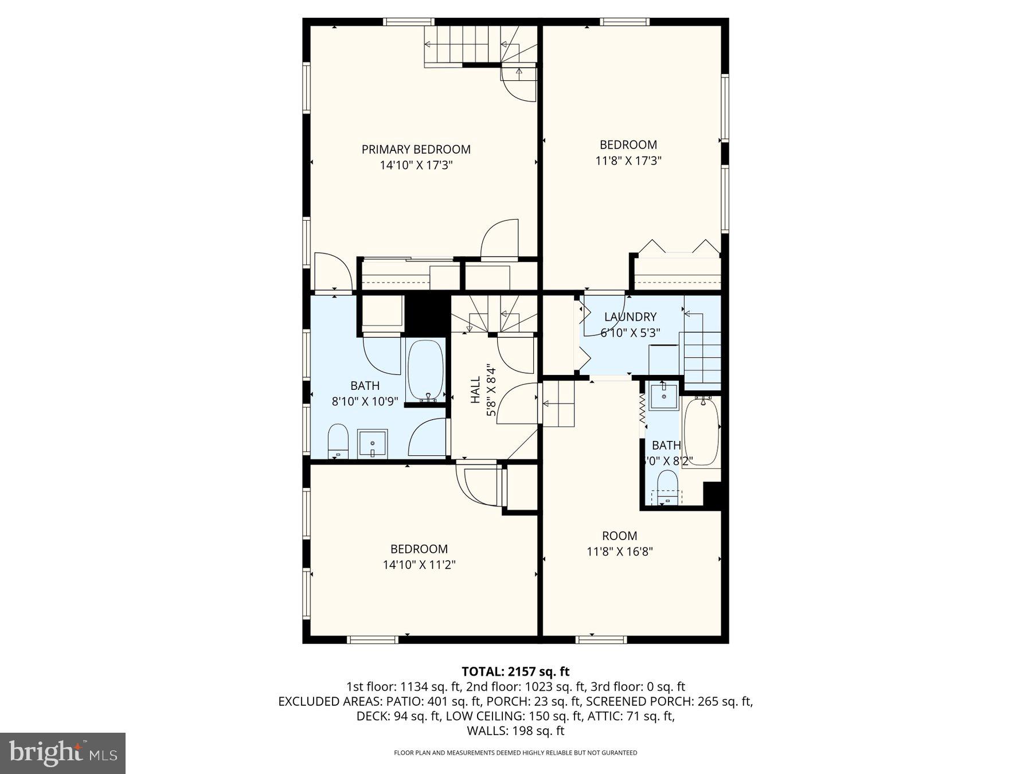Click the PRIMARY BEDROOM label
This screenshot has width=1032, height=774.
[416, 150]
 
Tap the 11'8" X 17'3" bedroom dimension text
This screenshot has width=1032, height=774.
[628, 161]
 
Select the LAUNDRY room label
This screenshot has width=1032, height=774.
[630, 317]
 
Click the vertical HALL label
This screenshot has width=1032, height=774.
[475, 390]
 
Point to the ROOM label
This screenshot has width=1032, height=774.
[619, 536]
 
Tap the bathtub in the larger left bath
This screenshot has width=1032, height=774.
[425, 370]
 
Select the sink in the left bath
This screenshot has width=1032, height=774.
[373, 443]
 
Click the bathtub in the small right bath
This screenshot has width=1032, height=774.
[701, 431]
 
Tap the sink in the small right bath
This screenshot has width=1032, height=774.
[664, 396]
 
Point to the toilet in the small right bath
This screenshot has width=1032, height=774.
[667, 486]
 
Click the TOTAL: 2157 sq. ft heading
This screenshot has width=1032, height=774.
[515, 671]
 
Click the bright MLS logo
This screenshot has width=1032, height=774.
[62, 753]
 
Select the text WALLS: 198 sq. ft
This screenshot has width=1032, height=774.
[515, 731]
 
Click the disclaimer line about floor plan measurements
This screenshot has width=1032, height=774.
[515, 753]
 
